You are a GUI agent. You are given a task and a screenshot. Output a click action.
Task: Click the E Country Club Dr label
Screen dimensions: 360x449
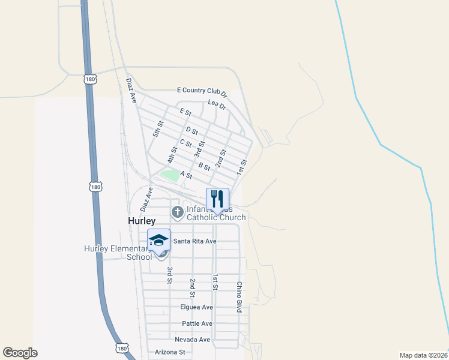[x=202, y=91]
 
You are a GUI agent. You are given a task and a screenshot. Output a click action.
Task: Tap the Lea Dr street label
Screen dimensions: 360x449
[x=217, y=104]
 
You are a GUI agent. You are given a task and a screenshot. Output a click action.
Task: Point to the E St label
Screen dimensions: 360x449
[x=185, y=112]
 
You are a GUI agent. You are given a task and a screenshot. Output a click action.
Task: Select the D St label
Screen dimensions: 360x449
[x=192, y=130]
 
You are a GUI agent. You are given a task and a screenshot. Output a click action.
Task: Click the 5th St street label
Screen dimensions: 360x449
[x=158, y=129]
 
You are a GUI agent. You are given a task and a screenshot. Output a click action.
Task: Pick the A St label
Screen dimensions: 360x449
[x=185, y=176]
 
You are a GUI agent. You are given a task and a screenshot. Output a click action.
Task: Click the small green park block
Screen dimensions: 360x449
[x=170, y=175]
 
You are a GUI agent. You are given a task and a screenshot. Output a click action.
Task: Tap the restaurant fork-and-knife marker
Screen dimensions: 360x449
[x=218, y=199]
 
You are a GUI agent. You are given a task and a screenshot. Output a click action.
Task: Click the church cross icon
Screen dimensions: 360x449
[x=177, y=212]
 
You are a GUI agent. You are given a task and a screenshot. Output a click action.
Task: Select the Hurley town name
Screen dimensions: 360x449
[x=142, y=221]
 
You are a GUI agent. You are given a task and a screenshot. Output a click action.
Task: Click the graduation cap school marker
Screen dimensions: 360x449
[x=158, y=240]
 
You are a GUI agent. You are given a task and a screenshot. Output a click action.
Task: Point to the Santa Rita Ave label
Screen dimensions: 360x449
[x=194, y=241]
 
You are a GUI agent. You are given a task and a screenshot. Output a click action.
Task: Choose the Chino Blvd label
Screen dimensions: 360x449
[x=239, y=296]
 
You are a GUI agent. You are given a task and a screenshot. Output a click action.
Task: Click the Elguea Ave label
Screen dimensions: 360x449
[x=196, y=307]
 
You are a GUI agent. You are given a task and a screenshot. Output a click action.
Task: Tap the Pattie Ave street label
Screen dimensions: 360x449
[x=197, y=323]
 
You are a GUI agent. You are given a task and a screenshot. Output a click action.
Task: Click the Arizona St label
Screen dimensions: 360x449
[x=170, y=352]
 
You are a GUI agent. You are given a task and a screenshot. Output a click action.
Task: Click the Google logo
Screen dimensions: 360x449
[x=20, y=353]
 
